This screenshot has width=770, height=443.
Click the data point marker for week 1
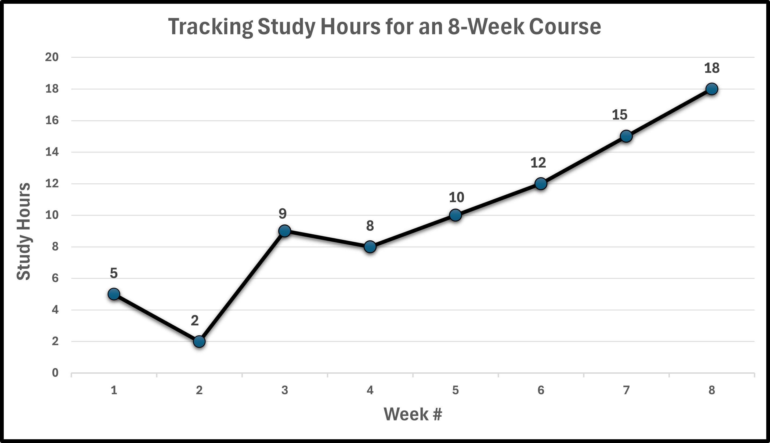114,294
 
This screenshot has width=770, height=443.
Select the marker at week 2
199,342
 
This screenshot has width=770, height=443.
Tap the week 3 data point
285,231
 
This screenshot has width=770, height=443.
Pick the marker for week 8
711,89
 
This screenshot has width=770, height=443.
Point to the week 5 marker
455,215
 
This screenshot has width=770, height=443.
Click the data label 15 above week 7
619,115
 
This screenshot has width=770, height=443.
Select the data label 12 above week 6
538,163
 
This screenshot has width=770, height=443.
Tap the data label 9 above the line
283,214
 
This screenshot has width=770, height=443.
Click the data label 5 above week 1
114,273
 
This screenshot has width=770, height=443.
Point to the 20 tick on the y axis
52,57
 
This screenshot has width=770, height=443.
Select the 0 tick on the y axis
55,373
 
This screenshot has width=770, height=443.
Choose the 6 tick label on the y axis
55,278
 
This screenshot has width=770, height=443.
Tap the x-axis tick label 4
370,390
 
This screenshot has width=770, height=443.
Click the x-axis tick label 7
626,390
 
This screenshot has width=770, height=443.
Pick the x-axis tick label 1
114,390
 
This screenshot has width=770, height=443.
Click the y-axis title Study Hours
24,231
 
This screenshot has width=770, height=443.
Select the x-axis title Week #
413,414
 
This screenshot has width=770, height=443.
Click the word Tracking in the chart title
210,27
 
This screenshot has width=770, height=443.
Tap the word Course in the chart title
565,27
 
